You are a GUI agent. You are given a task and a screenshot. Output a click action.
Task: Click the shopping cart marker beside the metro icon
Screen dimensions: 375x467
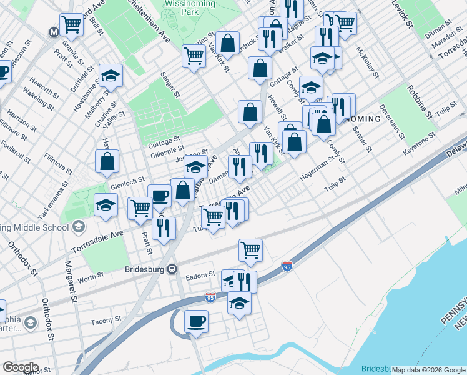tap(72, 25)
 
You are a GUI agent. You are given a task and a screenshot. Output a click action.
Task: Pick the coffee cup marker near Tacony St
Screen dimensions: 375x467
tap(196, 321)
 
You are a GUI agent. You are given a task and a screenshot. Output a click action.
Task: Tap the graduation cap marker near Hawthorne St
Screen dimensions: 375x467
tap(111, 76)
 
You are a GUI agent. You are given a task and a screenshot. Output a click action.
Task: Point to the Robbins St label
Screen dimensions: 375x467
tap(419, 102)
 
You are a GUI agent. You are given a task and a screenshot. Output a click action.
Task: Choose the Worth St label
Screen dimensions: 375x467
tap(91, 276)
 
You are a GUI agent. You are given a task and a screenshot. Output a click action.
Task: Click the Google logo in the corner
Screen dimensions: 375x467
tap(20, 367)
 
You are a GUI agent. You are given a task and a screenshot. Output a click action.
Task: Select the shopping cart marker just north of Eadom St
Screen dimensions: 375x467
tap(250, 250)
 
